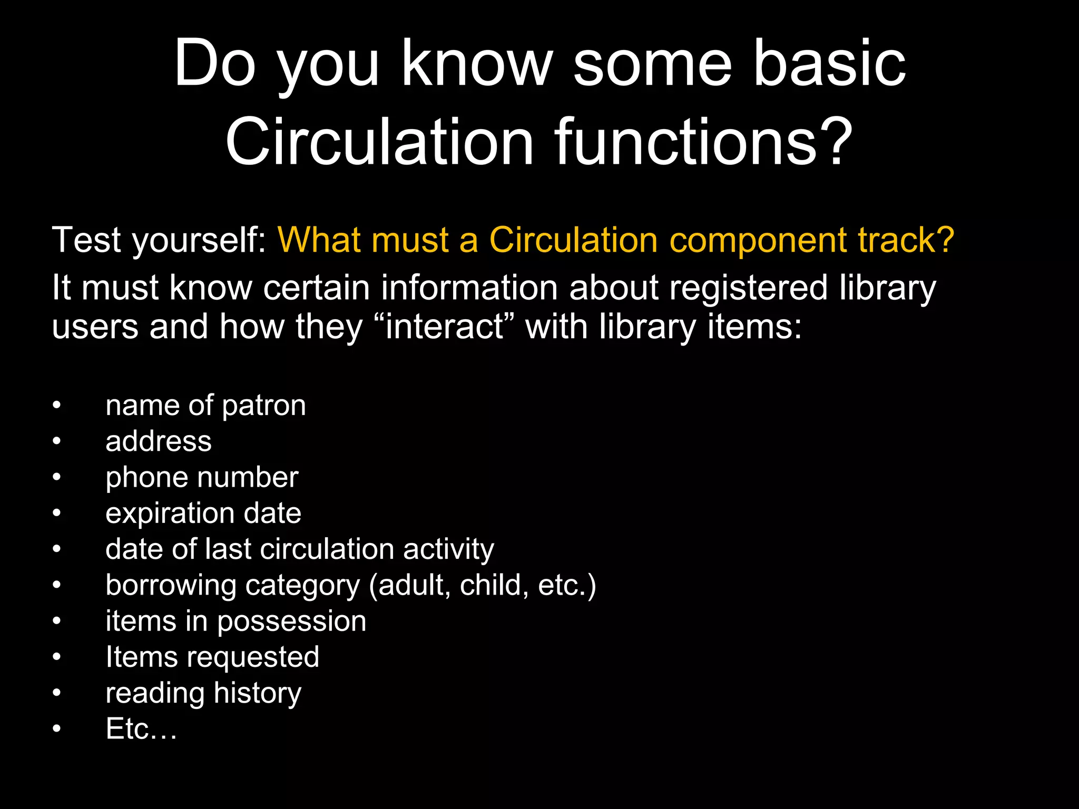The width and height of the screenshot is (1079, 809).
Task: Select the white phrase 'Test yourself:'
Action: point(160,240)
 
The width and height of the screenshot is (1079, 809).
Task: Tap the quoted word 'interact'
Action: point(445,327)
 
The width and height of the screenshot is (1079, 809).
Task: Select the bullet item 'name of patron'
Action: point(205,406)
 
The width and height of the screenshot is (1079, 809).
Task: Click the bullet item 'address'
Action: point(158,441)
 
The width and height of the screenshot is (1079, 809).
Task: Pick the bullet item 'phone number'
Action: point(202,478)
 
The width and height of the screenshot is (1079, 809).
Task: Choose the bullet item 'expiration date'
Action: point(203,514)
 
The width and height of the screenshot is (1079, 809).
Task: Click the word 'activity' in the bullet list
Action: point(448,549)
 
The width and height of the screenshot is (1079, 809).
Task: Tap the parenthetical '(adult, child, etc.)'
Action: point(482,585)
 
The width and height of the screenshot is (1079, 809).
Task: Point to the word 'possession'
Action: point(291,621)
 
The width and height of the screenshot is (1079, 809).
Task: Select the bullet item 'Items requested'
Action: point(212,657)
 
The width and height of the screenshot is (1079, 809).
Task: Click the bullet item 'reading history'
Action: point(203,693)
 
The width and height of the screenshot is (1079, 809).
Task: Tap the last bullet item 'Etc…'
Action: point(141,729)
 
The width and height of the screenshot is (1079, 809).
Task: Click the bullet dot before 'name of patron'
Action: point(57,406)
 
